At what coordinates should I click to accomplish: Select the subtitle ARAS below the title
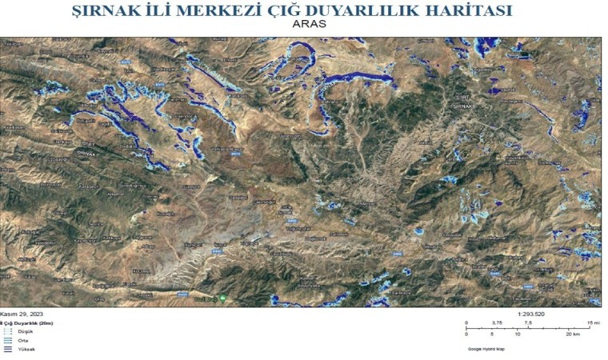(310, 24)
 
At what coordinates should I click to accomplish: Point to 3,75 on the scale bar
(497, 322)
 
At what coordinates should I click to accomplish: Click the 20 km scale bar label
(570, 335)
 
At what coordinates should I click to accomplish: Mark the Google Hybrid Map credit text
(487, 349)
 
